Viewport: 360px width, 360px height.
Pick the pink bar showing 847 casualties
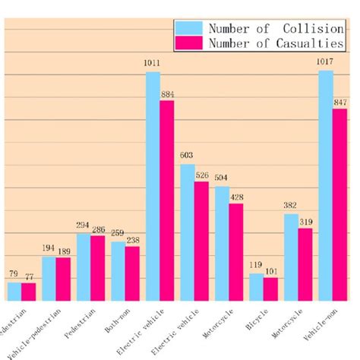pos(339,204)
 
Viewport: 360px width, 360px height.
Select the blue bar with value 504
pos(222,243)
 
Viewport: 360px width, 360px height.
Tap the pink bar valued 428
pos(236,251)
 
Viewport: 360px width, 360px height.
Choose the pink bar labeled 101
pos(270,289)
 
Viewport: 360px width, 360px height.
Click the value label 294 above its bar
pos(83,226)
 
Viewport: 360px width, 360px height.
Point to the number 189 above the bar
pos(64,251)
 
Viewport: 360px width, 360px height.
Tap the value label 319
pos(305,222)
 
